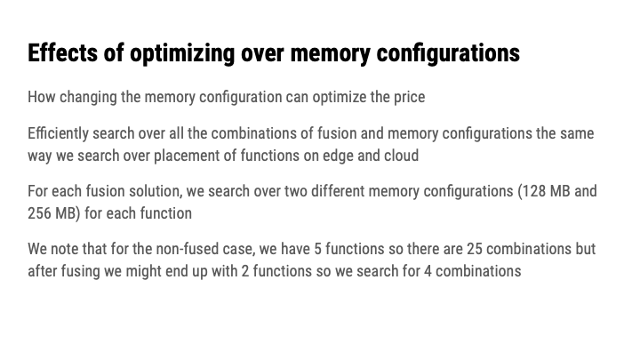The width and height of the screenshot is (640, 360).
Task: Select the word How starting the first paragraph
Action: (x=41, y=97)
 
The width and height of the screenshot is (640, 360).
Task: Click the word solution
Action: (x=150, y=192)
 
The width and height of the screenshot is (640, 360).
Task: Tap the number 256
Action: (x=41, y=214)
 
